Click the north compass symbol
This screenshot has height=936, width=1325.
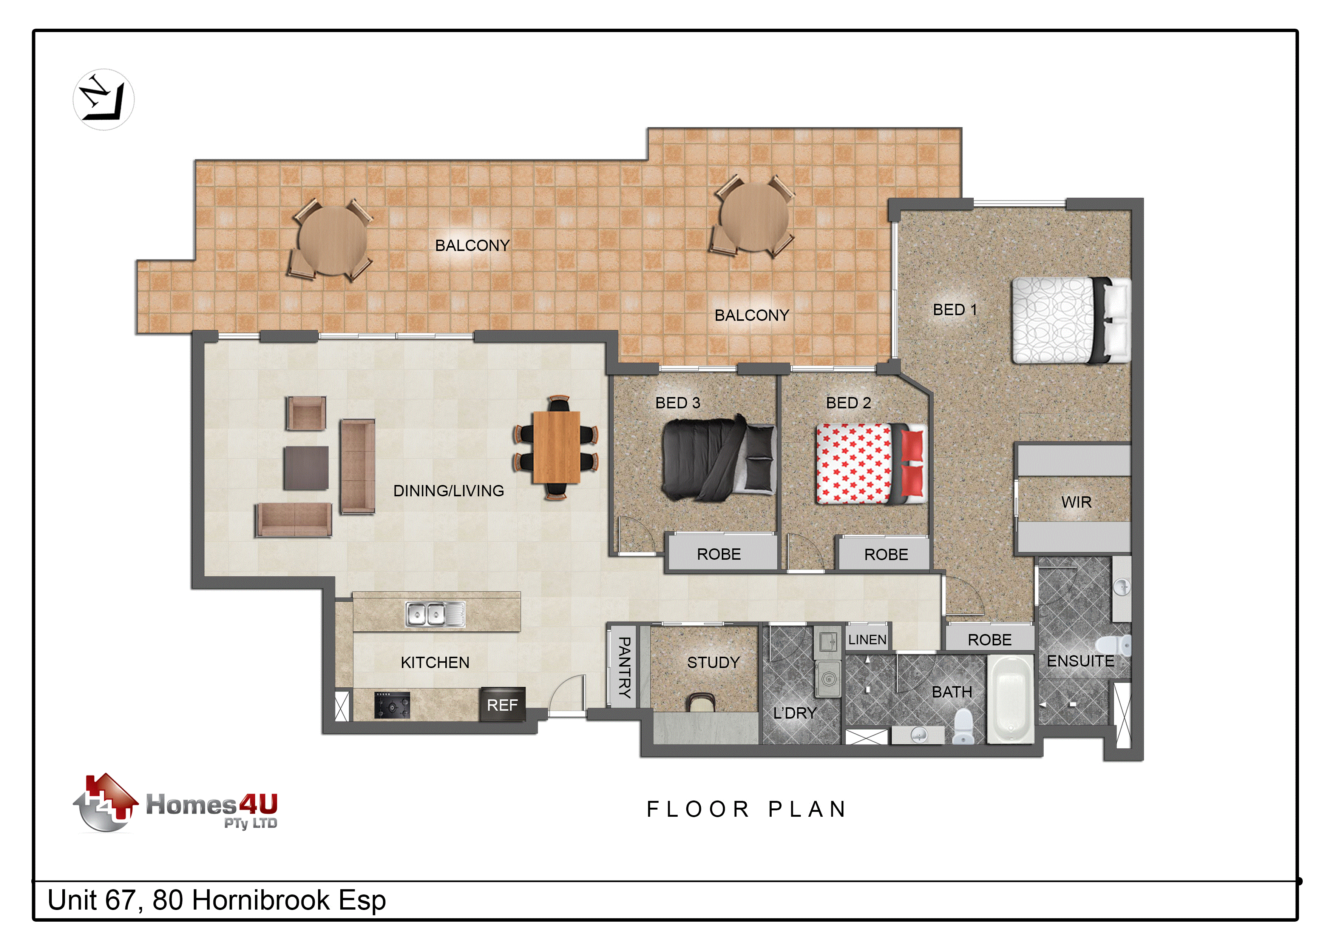click(104, 100)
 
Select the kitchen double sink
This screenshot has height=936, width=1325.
click(435, 614)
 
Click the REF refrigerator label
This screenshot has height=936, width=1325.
click(502, 705)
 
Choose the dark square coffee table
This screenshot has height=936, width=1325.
click(306, 468)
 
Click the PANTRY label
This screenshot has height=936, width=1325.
click(624, 667)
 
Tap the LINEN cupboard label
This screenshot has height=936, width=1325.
click(867, 640)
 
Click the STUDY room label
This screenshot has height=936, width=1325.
click(713, 662)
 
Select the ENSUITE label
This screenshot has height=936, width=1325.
click(1080, 661)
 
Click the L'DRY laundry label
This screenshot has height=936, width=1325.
click(795, 713)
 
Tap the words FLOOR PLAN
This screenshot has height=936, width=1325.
click(747, 809)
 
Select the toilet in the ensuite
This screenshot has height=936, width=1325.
click(1114, 645)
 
